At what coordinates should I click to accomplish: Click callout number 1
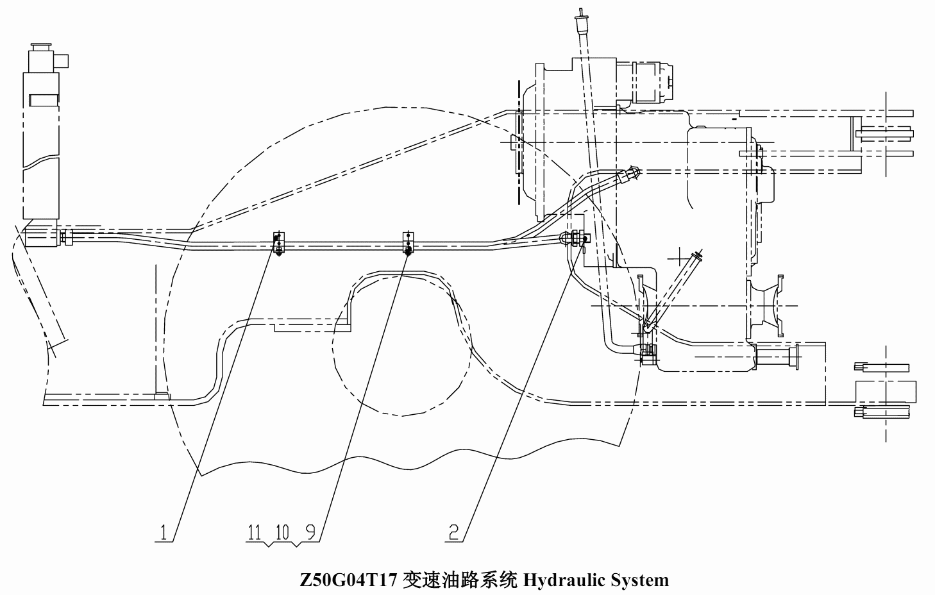pyautogui.click(x=164, y=532)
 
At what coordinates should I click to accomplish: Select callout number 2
pyautogui.click(x=453, y=532)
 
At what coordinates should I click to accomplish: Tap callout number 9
pyautogui.click(x=310, y=532)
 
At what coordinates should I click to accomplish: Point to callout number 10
pyautogui.click(x=282, y=532)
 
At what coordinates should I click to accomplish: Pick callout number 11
pyautogui.click(x=254, y=532)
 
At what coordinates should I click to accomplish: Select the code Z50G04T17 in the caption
pyautogui.click(x=348, y=580)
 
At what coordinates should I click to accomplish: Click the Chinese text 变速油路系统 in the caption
pyautogui.click(x=460, y=580)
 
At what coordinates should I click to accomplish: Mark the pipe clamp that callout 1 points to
pyautogui.click(x=278, y=242)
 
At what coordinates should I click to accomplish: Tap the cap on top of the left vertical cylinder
pyautogui.click(x=41, y=47)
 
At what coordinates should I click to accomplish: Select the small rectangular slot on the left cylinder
pyautogui.click(x=44, y=100)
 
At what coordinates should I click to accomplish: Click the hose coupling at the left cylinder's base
pyautogui.click(x=66, y=237)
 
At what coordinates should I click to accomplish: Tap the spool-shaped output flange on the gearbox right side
pyautogui.click(x=765, y=306)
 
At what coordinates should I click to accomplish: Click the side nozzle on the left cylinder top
pyautogui.click(x=63, y=62)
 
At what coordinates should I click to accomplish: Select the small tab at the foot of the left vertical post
pyautogui.click(x=162, y=396)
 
